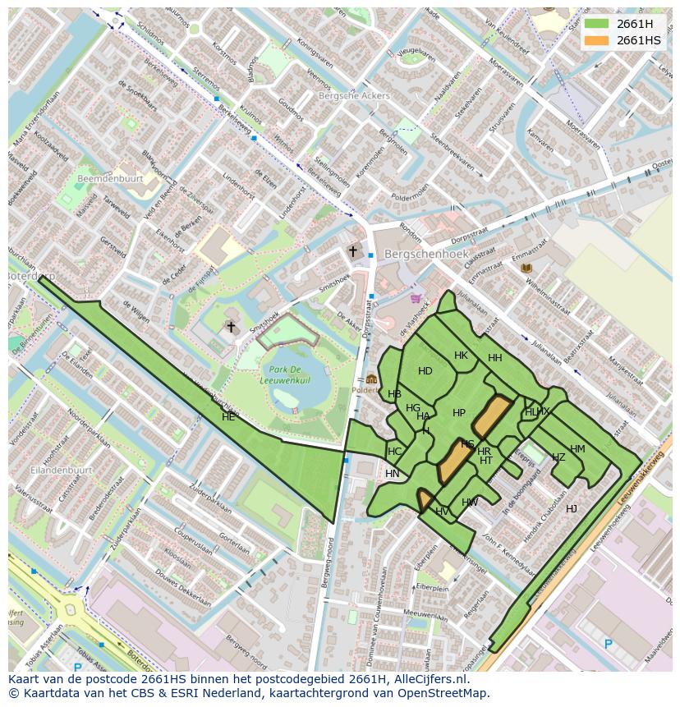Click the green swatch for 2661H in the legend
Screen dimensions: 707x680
(x=598, y=24)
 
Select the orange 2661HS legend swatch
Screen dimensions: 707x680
(x=598, y=40)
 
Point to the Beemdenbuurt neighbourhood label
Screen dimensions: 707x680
(x=110, y=178)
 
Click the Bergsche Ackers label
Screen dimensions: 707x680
(x=353, y=96)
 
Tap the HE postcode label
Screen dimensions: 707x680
(x=228, y=417)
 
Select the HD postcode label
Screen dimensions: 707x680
(x=425, y=371)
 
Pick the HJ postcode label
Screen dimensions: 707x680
(x=572, y=509)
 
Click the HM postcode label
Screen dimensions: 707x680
(x=577, y=449)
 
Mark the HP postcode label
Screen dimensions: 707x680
(x=459, y=413)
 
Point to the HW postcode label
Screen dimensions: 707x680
(x=470, y=503)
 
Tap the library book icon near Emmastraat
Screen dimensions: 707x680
(x=526, y=269)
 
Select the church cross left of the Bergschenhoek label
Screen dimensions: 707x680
(x=353, y=251)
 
